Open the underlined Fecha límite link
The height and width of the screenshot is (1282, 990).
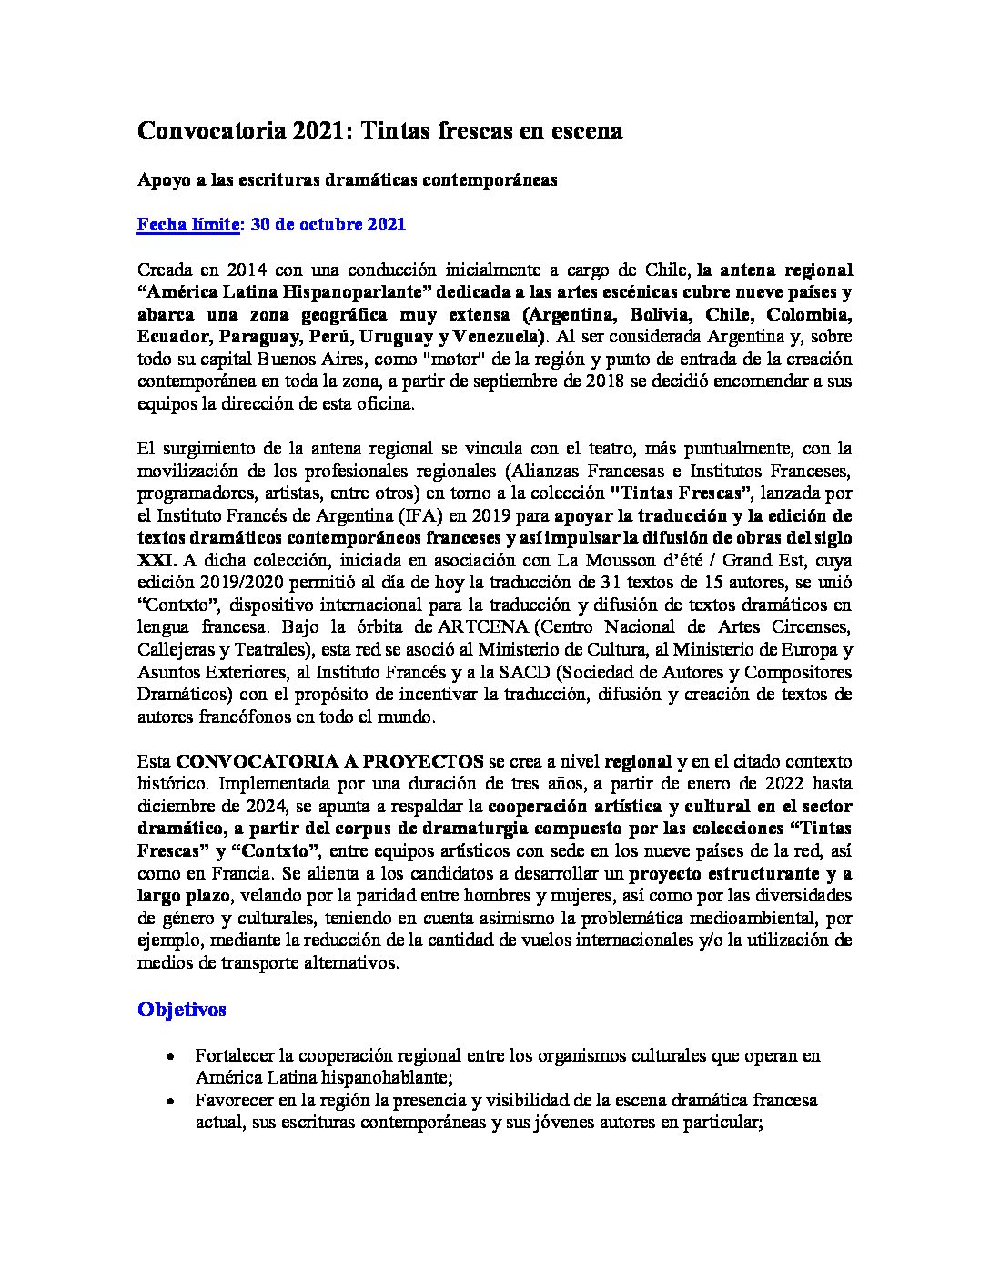click(187, 224)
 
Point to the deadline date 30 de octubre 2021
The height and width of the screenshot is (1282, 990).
click(328, 224)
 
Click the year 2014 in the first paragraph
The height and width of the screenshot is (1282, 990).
click(247, 270)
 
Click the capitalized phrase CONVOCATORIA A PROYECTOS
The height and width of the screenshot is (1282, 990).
click(330, 760)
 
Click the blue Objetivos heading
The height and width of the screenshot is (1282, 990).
click(182, 1009)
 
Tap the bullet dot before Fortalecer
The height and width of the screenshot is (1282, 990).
click(171, 1057)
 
